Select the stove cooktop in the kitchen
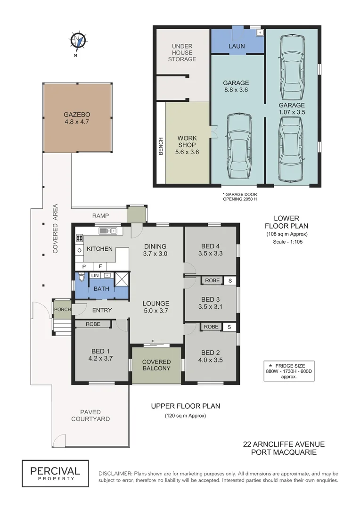pos(79,238)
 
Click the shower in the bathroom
pos(122,279)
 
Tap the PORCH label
pos(62,310)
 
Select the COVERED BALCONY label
pos(156,365)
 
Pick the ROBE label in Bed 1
pos(92,324)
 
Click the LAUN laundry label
pos(237,46)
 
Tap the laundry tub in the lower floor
pos(259,33)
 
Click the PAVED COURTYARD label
pos(90,416)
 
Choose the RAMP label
pos(100,216)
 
